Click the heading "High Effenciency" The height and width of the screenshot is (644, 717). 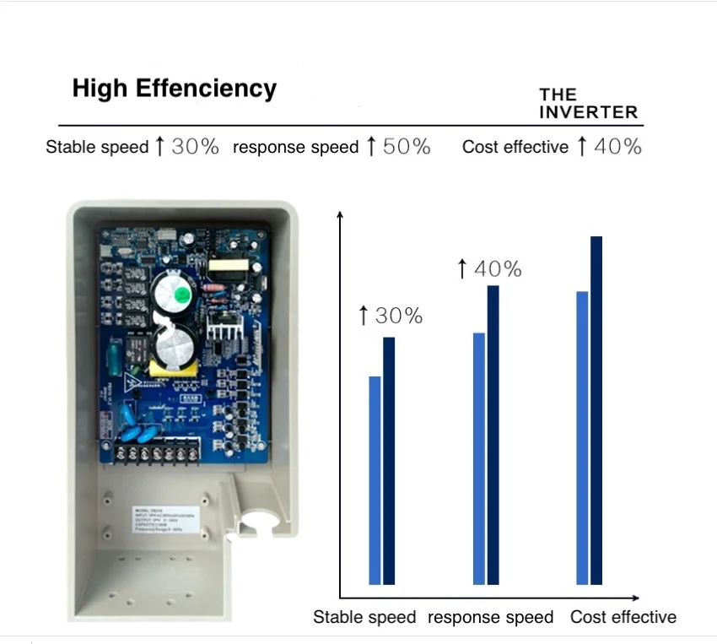tap(174, 89)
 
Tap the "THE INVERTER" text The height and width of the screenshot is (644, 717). tap(588, 103)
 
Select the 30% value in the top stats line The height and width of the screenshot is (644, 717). tap(195, 146)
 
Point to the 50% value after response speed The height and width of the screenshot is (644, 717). tap(407, 146)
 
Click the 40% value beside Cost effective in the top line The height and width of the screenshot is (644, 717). tap(617, 146)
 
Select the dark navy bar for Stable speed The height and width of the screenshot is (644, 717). tap(389, 460)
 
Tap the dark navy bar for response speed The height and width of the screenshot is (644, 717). tap(493, 434)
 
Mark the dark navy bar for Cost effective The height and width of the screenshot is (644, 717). tap(596, 409)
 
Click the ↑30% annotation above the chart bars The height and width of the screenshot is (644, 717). tap(390, 317)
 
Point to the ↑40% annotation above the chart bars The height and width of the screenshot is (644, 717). tap(488, 269)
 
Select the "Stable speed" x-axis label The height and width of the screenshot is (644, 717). tap(364, 617)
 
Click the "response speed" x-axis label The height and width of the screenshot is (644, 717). tap(490, 617)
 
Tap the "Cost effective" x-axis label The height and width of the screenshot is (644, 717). tap(623, 617)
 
